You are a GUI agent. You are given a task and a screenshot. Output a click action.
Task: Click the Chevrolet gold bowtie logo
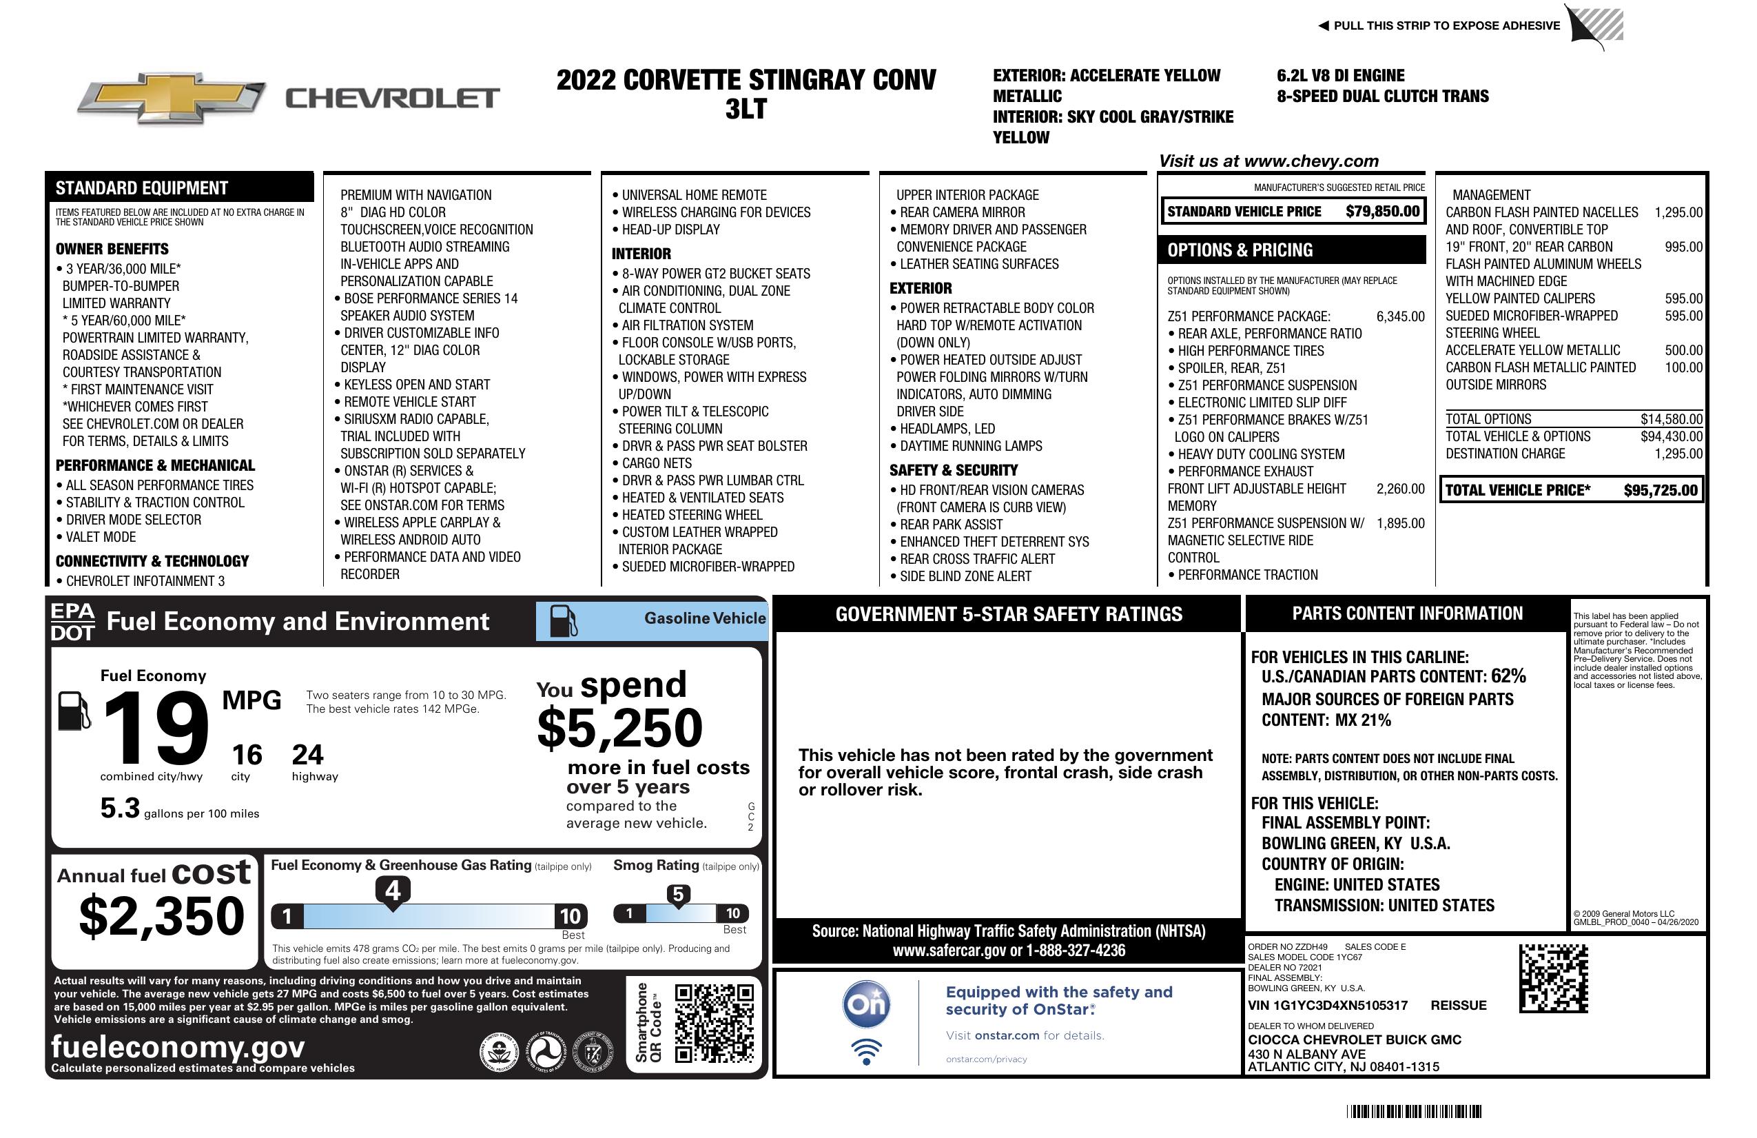click(x=172, y=98)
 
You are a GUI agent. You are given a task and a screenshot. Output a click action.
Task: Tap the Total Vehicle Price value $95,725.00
click(x=1661, y=490)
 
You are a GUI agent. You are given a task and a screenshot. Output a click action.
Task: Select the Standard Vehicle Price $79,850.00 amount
click(x=1382, y=211)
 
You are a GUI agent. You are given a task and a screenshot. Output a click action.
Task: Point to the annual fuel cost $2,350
click(x=161, y=916)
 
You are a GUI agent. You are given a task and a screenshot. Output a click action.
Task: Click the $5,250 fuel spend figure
click(x=620, y=728)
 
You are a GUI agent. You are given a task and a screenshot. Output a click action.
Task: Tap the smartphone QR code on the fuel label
click(x=714, y=1024)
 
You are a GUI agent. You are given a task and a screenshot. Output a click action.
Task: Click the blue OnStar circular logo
click(x=866, y=1004)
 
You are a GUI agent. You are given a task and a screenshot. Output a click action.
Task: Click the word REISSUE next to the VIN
click(x=1458, y=1005)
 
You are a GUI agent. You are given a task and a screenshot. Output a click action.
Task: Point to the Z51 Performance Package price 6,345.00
click(x=1399, y=317)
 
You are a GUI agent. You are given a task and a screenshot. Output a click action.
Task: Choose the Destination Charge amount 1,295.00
click(x=1678, y=454)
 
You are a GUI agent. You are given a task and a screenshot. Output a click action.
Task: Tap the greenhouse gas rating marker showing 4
click(x=393, y=891)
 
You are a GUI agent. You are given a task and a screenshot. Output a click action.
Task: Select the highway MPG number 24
click(x=307, y=755)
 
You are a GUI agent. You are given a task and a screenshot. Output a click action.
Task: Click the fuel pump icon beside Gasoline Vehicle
click(x=564, y=621)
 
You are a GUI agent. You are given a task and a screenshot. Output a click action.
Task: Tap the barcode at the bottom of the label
click(x=1413, y=1111)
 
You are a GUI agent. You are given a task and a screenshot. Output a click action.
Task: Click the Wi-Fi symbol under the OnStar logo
click(x=866, y=1052)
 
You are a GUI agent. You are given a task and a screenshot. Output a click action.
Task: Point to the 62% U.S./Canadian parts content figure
click(x=1508, y=675)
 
